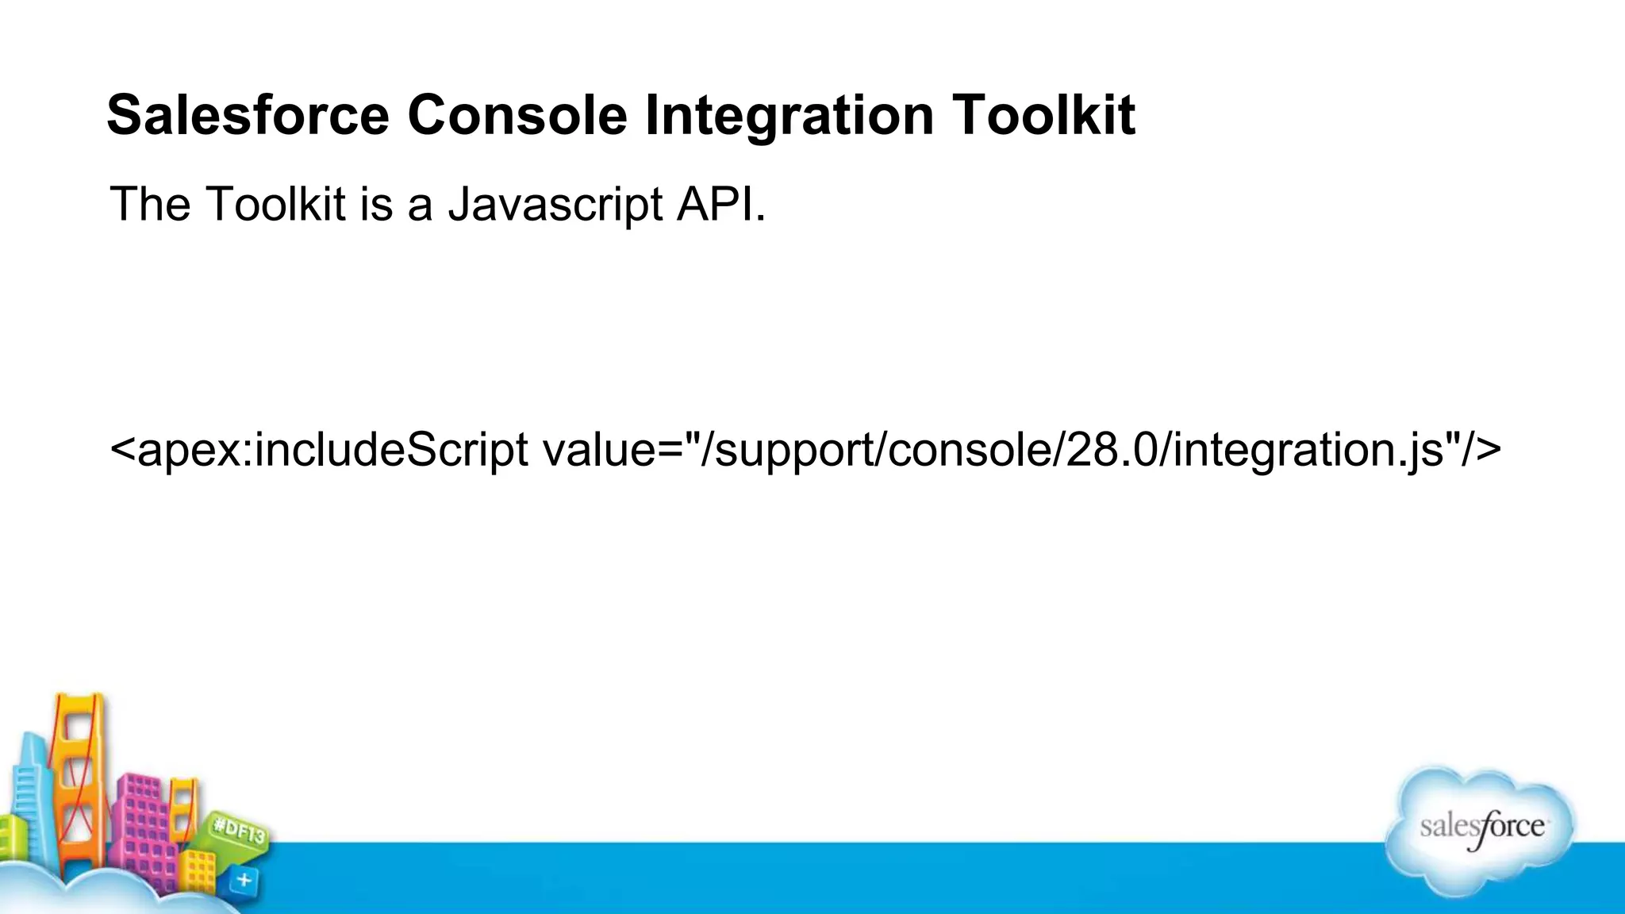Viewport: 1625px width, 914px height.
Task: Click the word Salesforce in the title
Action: (x=248, y=116)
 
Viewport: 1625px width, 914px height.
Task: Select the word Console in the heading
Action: (x=517, y=116)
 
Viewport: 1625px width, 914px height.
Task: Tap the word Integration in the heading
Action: (x=789, y=116)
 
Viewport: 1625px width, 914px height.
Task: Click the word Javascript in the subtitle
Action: (x=555, y=205)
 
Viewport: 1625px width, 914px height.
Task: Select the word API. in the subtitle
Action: (x=721, y=205)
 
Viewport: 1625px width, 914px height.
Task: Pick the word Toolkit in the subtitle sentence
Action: (x=275, y=205)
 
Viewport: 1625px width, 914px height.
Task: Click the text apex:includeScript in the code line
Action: (x=332, y=450)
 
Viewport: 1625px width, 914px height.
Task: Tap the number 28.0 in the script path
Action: (x=1111, y=450)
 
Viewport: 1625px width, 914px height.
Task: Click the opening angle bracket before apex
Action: (x=121, y=450)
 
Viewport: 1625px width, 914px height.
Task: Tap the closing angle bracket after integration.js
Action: (x=1489, y=450)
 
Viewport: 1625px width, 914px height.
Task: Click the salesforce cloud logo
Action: (x=1481, y=830)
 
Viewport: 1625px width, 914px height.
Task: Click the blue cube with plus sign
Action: (x=244, y=879)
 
